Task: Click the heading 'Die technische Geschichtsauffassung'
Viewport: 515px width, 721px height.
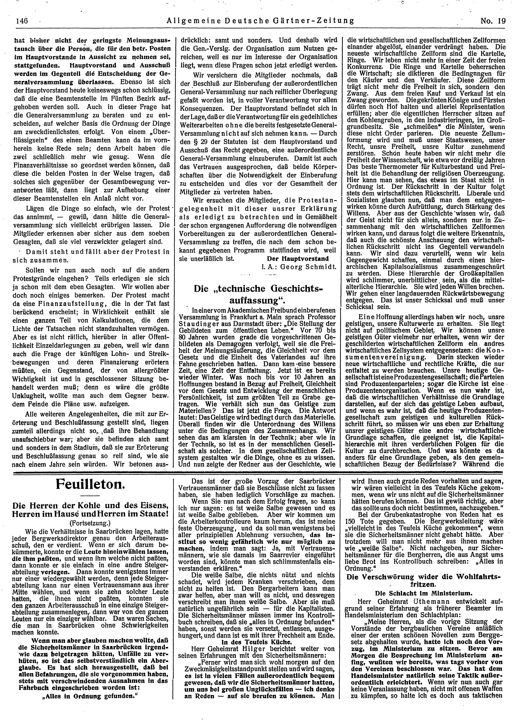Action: coord(257,293)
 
